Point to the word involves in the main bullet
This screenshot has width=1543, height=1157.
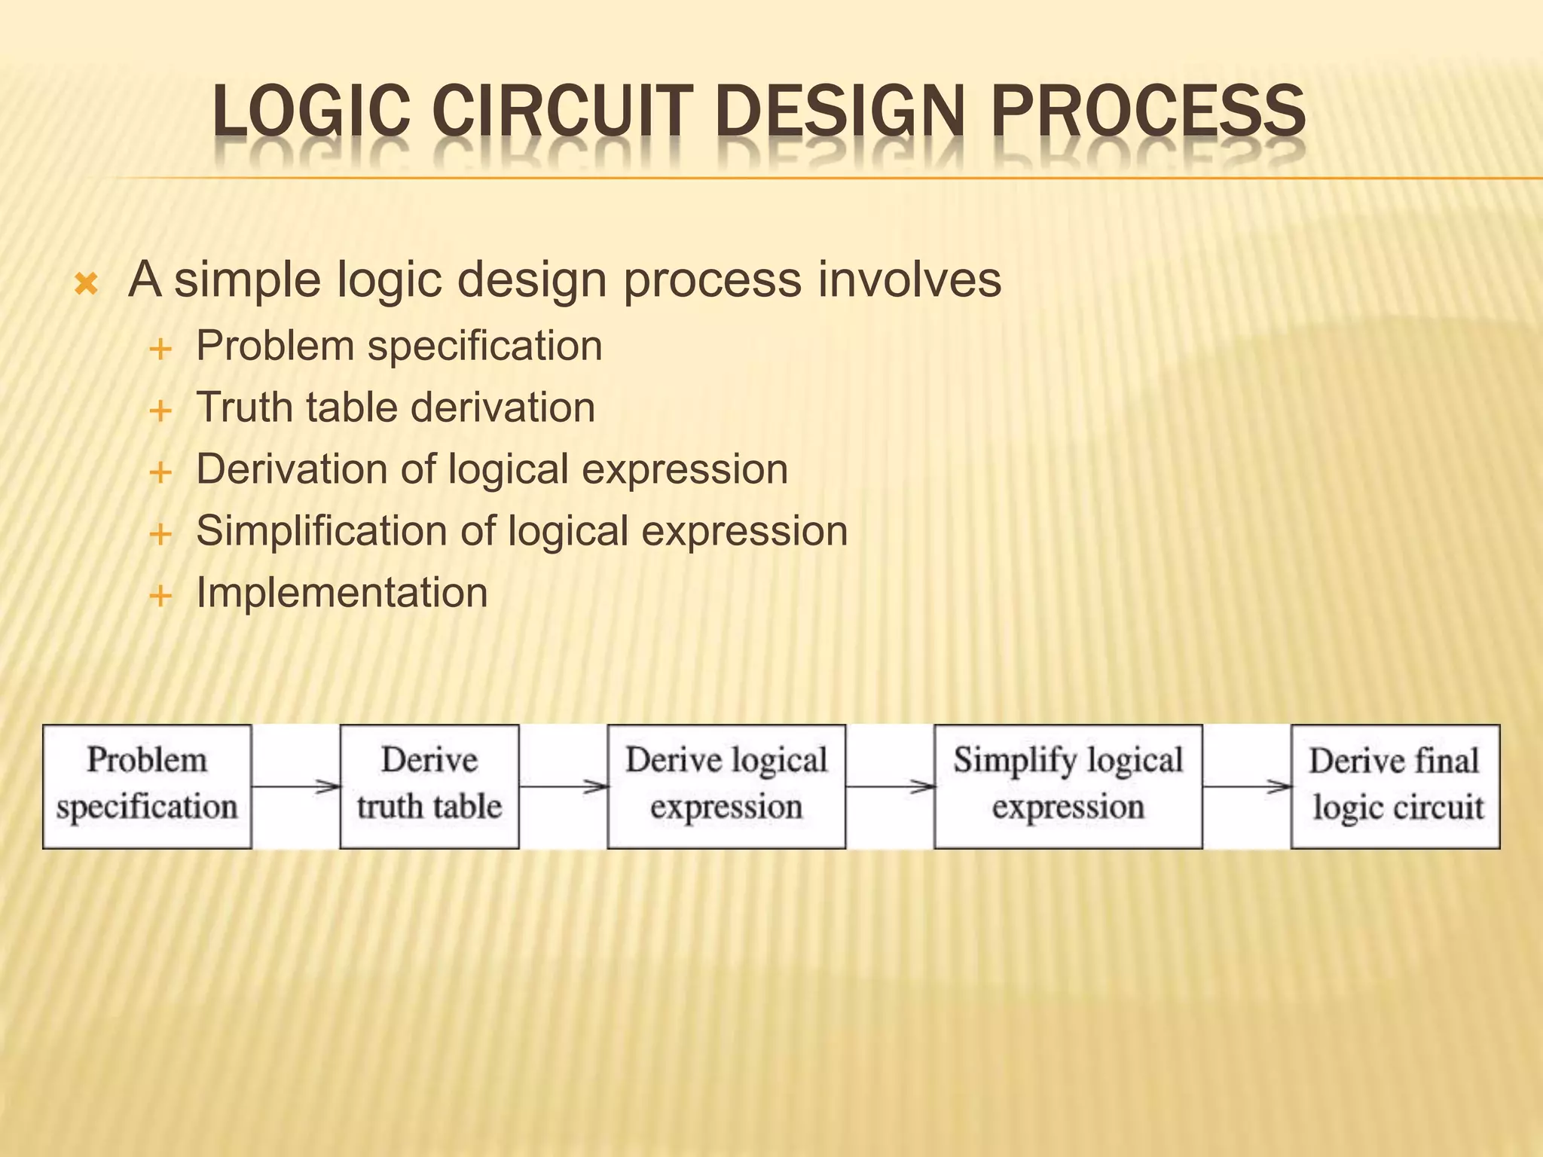click(x=909, y=279)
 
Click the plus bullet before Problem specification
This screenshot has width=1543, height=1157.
click(x=160, y=350)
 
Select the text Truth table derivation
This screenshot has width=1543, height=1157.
click(x=396, y=408)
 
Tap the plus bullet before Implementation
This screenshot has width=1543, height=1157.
click(x=160, y=597)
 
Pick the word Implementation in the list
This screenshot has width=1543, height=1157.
click(x=342, y=592)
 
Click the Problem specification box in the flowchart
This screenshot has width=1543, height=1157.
click(x=147, y=786)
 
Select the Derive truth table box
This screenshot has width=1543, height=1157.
click(x=429, y=786)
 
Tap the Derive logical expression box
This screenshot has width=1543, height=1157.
click(x=726, y=786)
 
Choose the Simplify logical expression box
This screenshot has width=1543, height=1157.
click(x=1068, y=786)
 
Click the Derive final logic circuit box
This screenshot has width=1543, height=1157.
click(x=1395, y=786)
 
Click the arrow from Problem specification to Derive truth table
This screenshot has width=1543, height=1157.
click(x=296, y=787)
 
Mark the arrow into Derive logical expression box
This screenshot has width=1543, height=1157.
click(x=564, y=787)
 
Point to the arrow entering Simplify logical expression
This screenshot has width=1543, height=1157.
click(x=890, y=787)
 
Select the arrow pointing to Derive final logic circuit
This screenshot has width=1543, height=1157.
click(x=1247, y=787)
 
